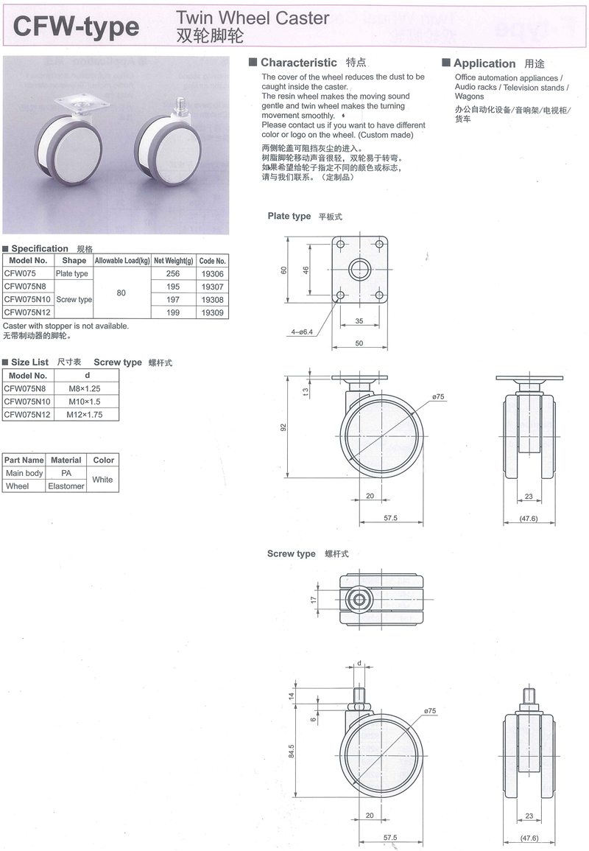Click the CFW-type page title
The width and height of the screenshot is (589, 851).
[76, 27]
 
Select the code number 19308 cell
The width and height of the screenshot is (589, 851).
[212, 300]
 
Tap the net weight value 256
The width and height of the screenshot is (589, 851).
[173, 273]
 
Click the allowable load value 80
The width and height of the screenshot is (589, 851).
[121, 293]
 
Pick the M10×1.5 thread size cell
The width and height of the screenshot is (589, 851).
[85, 402]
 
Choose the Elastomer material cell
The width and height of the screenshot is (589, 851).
[66, 486]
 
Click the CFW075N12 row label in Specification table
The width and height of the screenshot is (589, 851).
[27, 312]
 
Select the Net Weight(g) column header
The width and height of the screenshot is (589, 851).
[173, 261]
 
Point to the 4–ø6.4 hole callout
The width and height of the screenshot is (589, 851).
[302, 332]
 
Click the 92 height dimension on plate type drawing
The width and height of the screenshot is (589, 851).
[283, 427]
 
